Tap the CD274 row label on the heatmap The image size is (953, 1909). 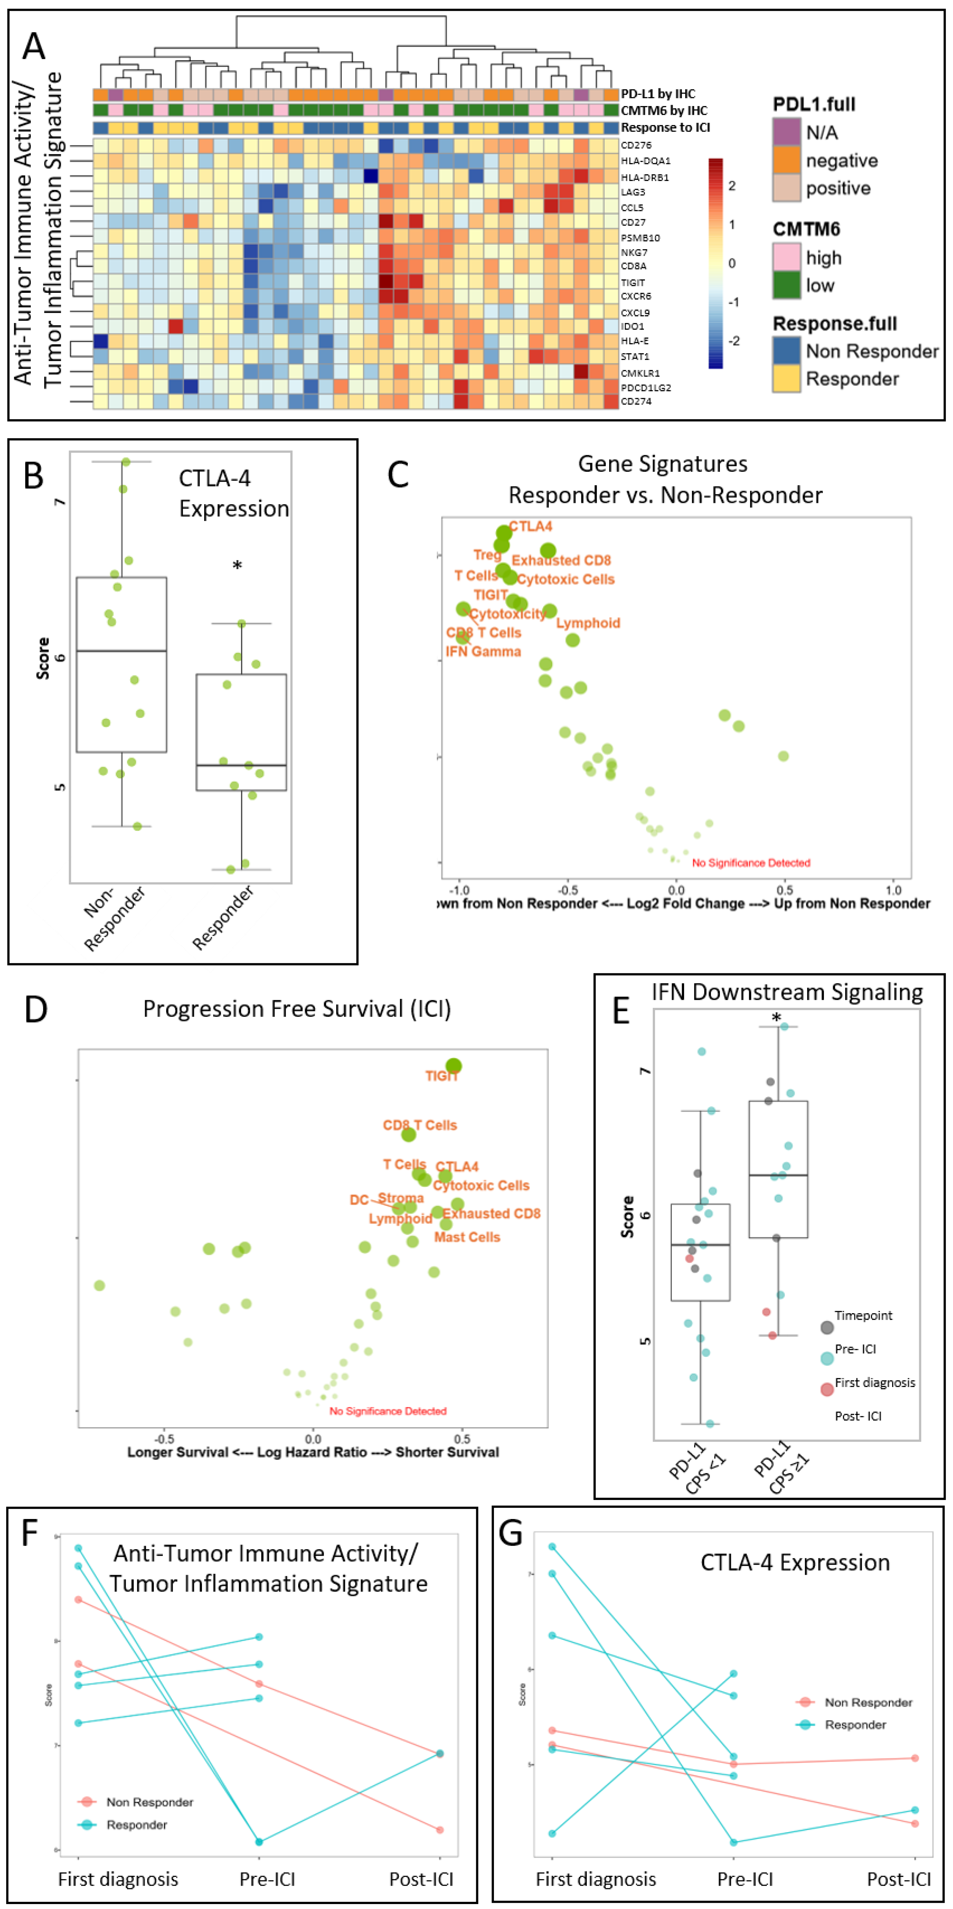636,401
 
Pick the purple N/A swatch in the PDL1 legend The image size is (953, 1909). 786,132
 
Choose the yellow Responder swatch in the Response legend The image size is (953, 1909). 786,379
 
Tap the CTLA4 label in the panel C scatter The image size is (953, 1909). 531,526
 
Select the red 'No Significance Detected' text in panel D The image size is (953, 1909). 388,1411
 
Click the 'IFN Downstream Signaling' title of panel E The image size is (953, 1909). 787,991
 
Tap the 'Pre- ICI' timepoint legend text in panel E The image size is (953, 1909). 855,1349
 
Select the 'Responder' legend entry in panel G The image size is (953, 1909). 855,1725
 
